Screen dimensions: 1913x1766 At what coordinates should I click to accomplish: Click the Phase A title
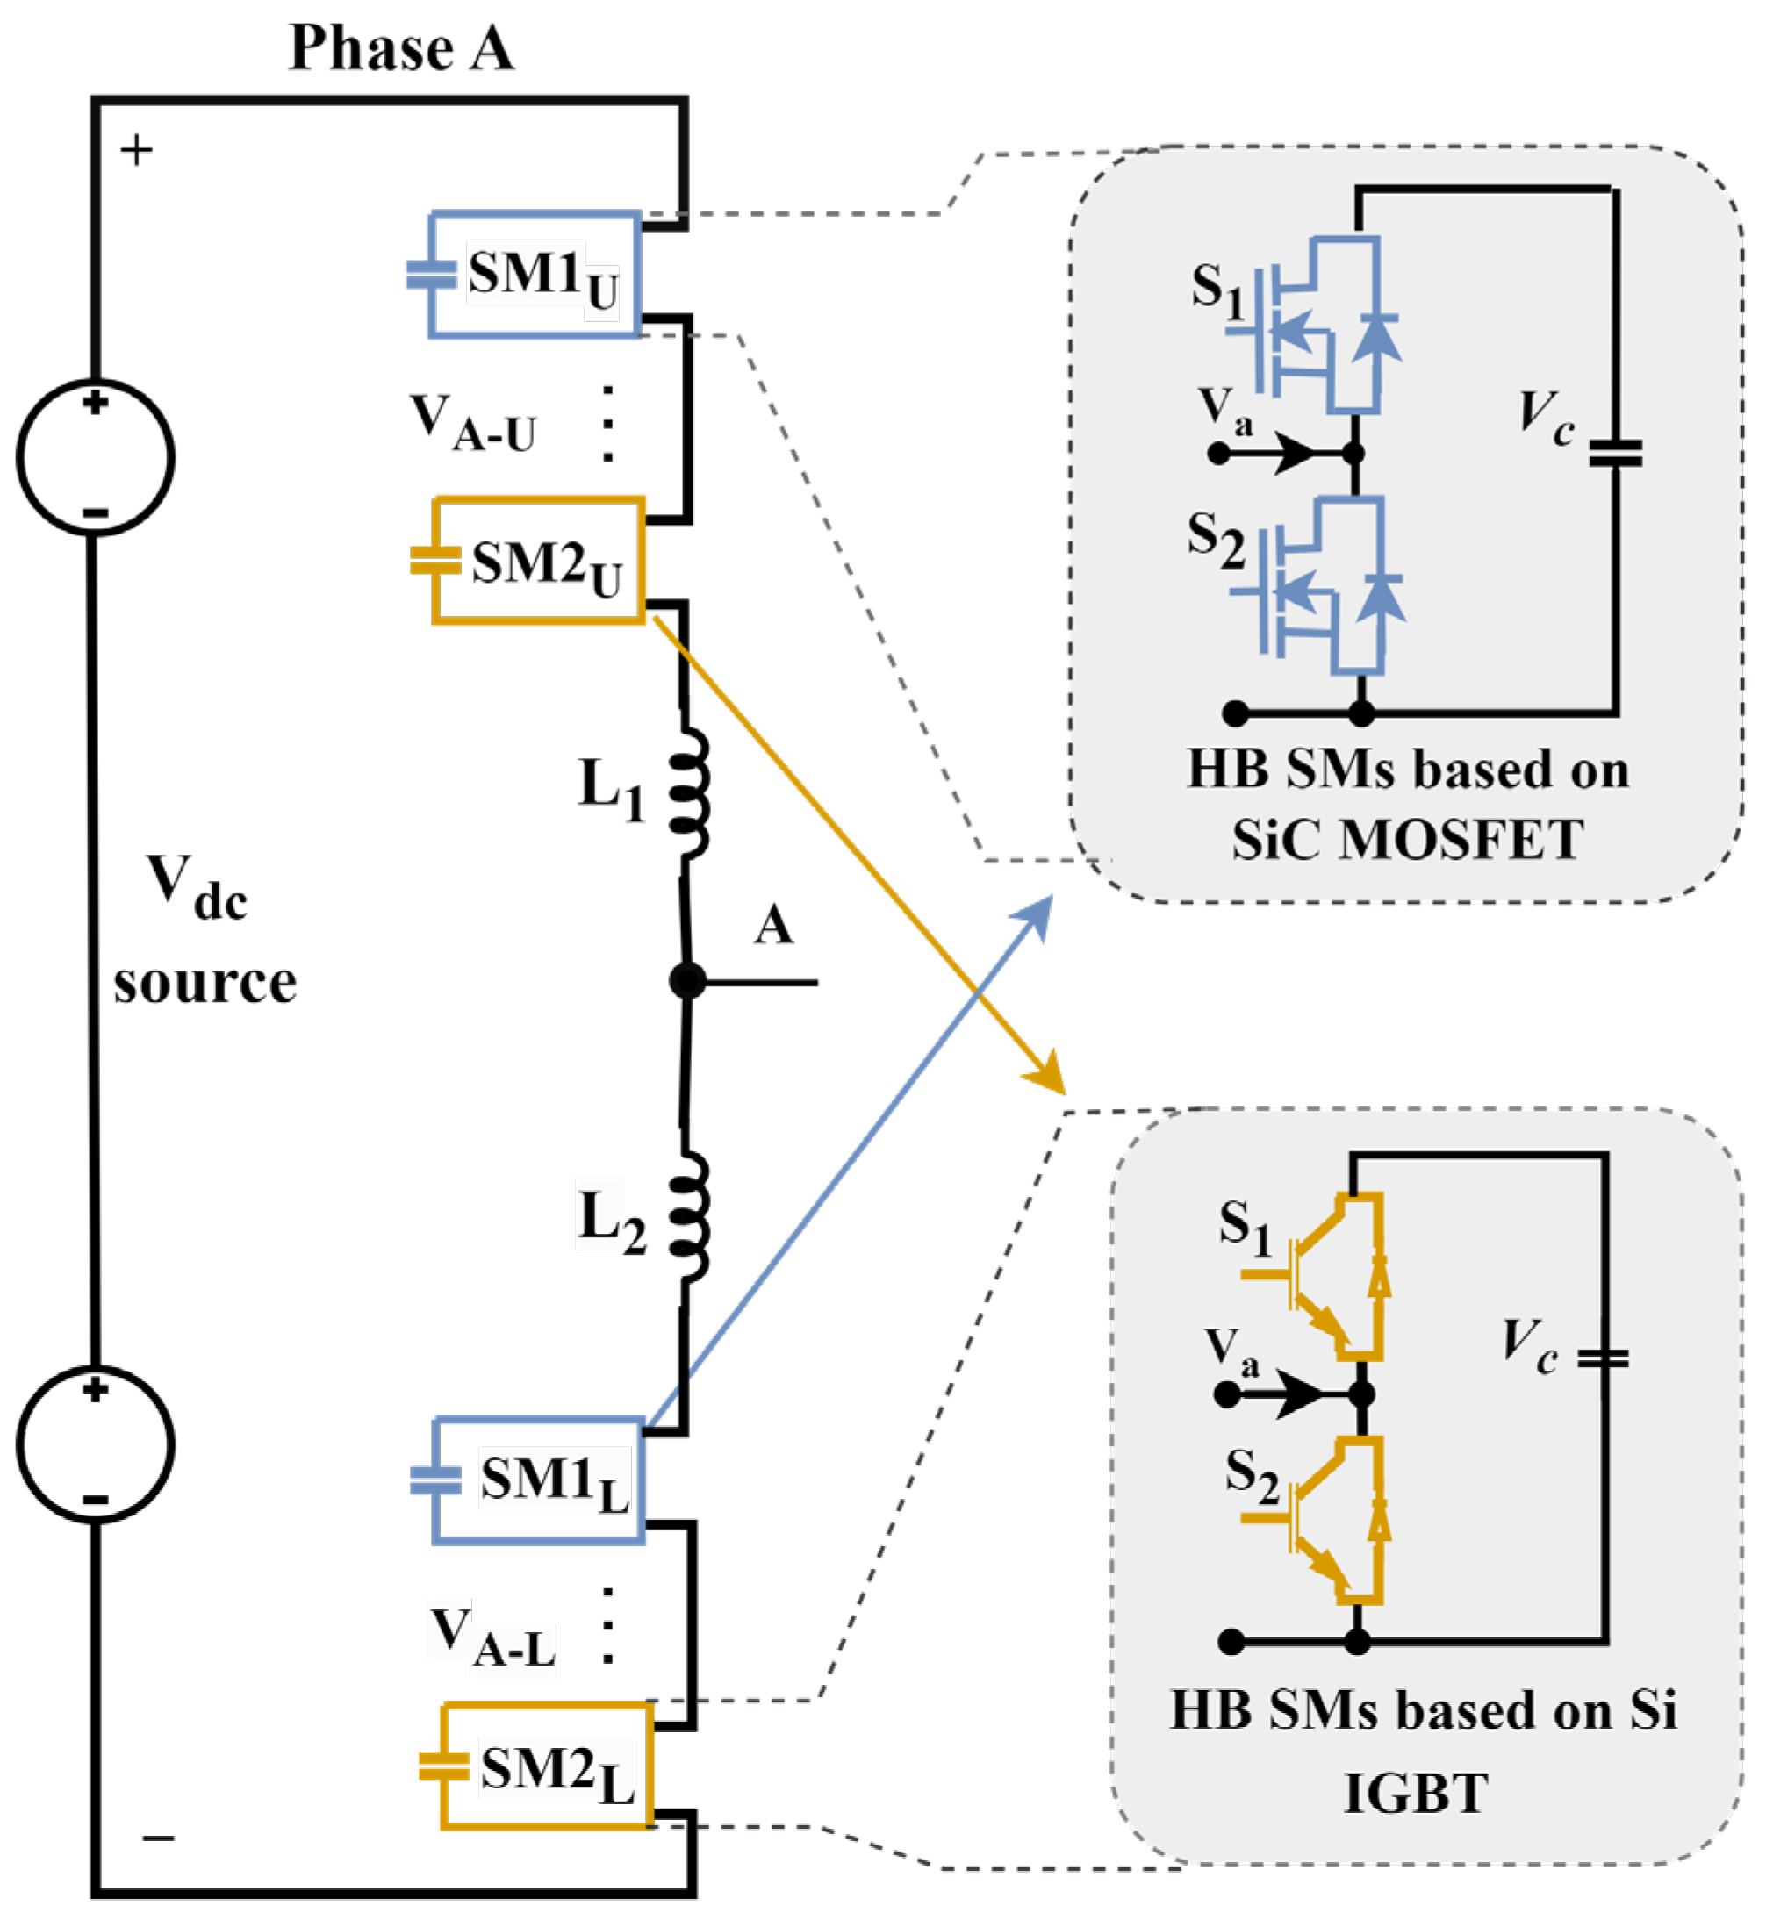[x=401, y=47]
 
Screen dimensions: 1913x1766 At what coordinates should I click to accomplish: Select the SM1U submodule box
[x=534, y=276]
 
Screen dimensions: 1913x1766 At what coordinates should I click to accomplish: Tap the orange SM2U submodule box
[x=539, y=561]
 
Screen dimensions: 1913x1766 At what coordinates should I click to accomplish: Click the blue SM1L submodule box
[x=538, y=1480]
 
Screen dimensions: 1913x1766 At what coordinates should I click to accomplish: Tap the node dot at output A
[x=687, y=980]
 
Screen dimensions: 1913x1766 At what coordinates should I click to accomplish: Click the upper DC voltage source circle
[x=96, y=456]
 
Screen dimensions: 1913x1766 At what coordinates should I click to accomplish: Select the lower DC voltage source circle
[x=96, y=1444]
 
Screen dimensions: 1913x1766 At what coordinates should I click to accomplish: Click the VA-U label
[x=473, y=423]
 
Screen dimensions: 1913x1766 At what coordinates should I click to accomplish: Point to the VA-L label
[x=492, y=1637]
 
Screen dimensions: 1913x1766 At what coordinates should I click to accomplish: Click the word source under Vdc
[x=205, y=985]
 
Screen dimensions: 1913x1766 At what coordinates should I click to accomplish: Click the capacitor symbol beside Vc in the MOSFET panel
[x=1615, y=453]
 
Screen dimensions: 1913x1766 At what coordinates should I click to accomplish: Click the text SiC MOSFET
[x=1407, y=841]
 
